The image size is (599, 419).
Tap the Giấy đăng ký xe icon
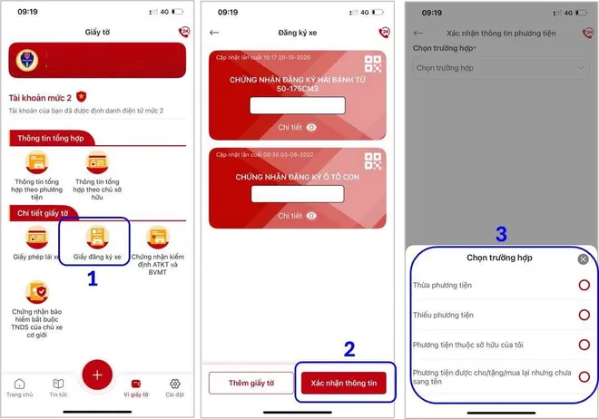tap(96, 237)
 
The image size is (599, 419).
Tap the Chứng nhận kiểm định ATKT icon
tap(157, 237)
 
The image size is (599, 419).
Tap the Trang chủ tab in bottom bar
tap(20, 387)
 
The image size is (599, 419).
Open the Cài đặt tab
tap(175, 387)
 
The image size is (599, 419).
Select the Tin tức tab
tap(58, 387)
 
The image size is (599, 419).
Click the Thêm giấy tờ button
tap(251, 384)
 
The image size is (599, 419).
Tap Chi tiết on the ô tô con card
tap(297, 216)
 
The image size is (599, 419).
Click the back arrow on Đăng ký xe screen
tap(215, 33)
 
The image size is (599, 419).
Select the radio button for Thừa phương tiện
tap(584, 286)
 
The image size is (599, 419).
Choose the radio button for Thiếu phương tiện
tap(584, 316)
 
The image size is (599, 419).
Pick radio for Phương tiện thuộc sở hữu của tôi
tap(584, 346)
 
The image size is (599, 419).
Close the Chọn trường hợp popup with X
tap(583, 259)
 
